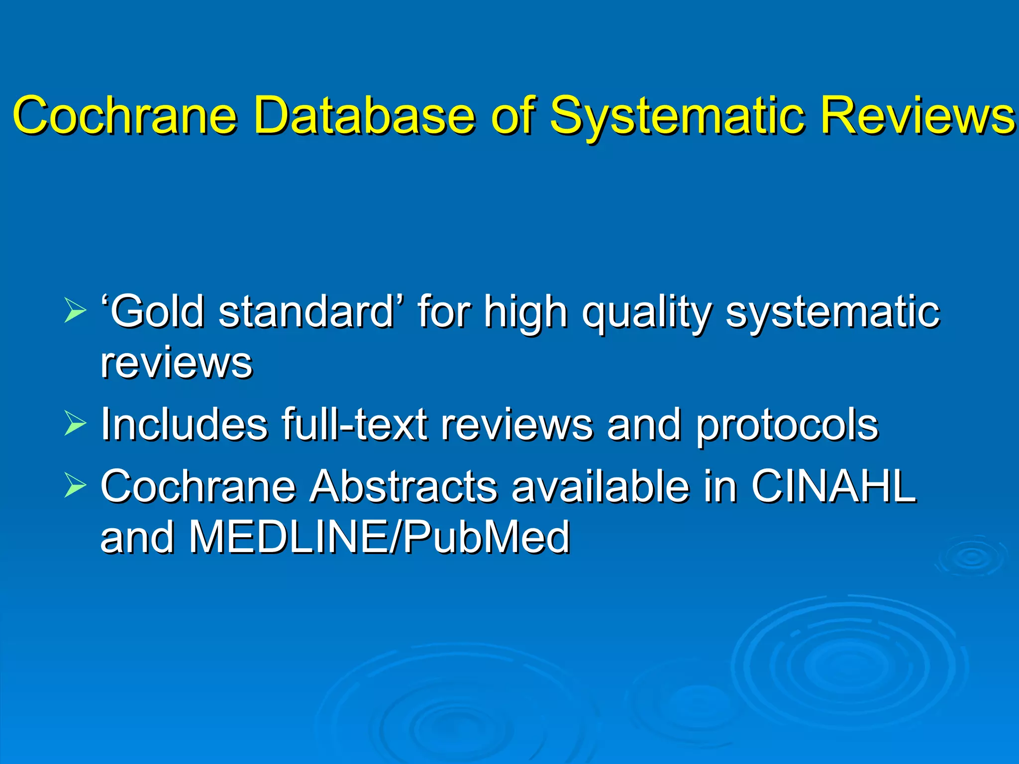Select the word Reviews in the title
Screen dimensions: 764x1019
(x=917, y=115)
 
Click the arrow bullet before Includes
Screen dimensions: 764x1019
(x=75, y=424)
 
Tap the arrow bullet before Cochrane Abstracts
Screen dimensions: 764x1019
(x=75, y=486)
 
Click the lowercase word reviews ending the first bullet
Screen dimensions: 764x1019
(x=177, y=363)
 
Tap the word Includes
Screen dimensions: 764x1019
(x=184, y=424)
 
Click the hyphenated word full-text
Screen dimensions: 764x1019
(x=354, y=424)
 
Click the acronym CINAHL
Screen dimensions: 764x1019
(x=833, y=486)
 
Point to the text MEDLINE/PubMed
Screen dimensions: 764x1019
(x=379, y=537)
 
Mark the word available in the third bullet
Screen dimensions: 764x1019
(x=601, y=486)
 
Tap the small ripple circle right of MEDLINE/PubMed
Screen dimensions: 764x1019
(x=971, y=557)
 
